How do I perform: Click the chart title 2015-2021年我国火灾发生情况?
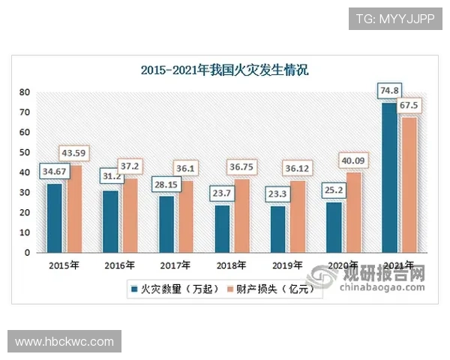tap(225, 71)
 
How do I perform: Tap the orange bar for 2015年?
tap(76, 209)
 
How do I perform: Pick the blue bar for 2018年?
tap(223, 229)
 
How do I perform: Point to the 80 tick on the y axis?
tap(25, 92)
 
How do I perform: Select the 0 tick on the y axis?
tap(27, 253)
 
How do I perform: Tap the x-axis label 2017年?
tap(172, 265)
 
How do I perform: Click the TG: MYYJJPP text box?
tap(395, 17)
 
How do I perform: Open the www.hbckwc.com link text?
tap(64, 342)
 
